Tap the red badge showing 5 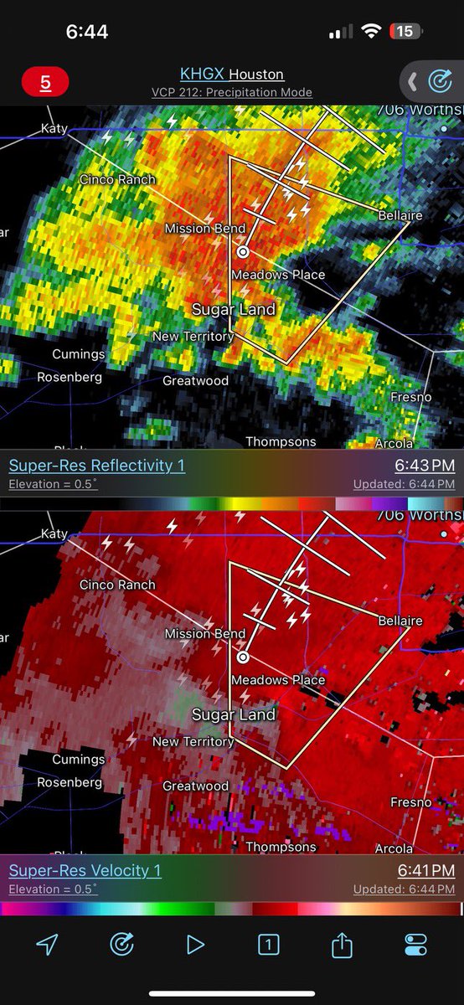pos(45,83)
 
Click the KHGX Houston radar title pos(232,75)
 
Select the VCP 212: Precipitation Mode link pos(232,92)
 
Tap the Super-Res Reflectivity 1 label pos(97,466)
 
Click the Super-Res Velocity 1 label pos(85,871)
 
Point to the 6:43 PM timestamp pos(425,466)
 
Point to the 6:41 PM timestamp pos(425,871)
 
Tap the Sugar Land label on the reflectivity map pos(234,309)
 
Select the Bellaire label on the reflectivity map pos(400,215)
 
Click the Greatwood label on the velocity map pos(195,786)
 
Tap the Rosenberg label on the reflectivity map pos(70,377)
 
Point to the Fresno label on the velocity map pos(411,802)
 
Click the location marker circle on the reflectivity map pos(243,251)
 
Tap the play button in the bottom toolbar pos(195,945)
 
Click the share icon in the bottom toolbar pos(341,945)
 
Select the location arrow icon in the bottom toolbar pos(48,945)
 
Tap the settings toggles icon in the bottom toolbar pos(415,945)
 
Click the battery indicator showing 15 pos(405,31)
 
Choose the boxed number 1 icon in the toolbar pos(268,945)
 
